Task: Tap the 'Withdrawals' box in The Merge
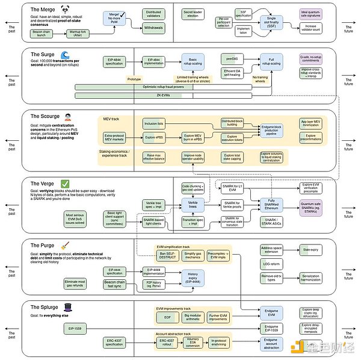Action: [153, 28]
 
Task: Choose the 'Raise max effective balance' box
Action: [153, 157]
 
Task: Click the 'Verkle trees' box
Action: [193, 204]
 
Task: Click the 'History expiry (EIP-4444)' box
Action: [193, 276]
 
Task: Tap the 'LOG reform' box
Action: [271, 264]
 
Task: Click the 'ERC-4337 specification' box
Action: [115, 343]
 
